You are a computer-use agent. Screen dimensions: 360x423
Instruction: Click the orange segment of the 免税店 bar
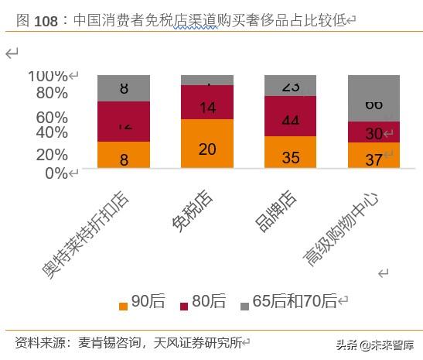tap(207, 144)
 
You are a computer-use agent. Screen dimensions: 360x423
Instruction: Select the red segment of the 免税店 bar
tap(207, 102)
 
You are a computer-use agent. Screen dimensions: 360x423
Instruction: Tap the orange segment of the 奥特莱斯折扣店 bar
tap(124, 155)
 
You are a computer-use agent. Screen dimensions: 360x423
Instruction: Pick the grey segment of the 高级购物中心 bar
tap(374, 98)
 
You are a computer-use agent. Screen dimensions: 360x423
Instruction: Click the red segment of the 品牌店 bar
tap(290, 116)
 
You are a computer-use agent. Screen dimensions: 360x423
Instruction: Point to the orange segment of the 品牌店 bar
tap(290, 153)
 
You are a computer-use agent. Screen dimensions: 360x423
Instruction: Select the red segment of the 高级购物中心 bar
tap(374, 132)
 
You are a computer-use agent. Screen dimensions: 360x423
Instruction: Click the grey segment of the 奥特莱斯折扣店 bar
tap(124, 87)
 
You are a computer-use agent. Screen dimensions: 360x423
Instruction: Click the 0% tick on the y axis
tap(56, 173)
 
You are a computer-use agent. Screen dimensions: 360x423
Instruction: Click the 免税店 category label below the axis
tap(193, 211)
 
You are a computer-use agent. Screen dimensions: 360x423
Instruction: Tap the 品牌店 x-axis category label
tap(275, 211)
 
